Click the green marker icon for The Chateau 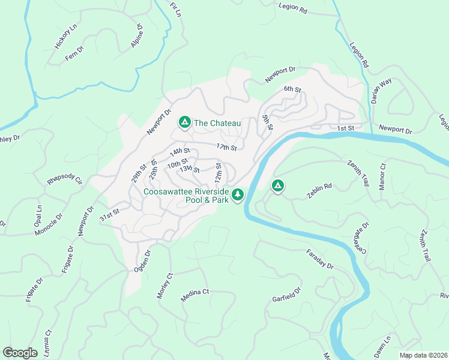184,122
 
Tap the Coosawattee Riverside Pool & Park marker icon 238,194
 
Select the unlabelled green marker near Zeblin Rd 277,186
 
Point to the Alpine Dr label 137,36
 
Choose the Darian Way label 381,91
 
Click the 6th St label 292,89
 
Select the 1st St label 345,128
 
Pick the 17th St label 227,147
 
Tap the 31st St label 110,214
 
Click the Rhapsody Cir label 65,181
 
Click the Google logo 19,353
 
